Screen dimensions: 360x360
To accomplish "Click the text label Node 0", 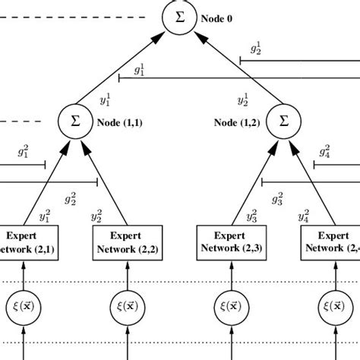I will (x=218, y=18).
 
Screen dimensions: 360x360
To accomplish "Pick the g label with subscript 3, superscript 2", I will (x=278, y=200).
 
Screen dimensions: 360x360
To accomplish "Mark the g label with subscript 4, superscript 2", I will (x=324, y=150).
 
